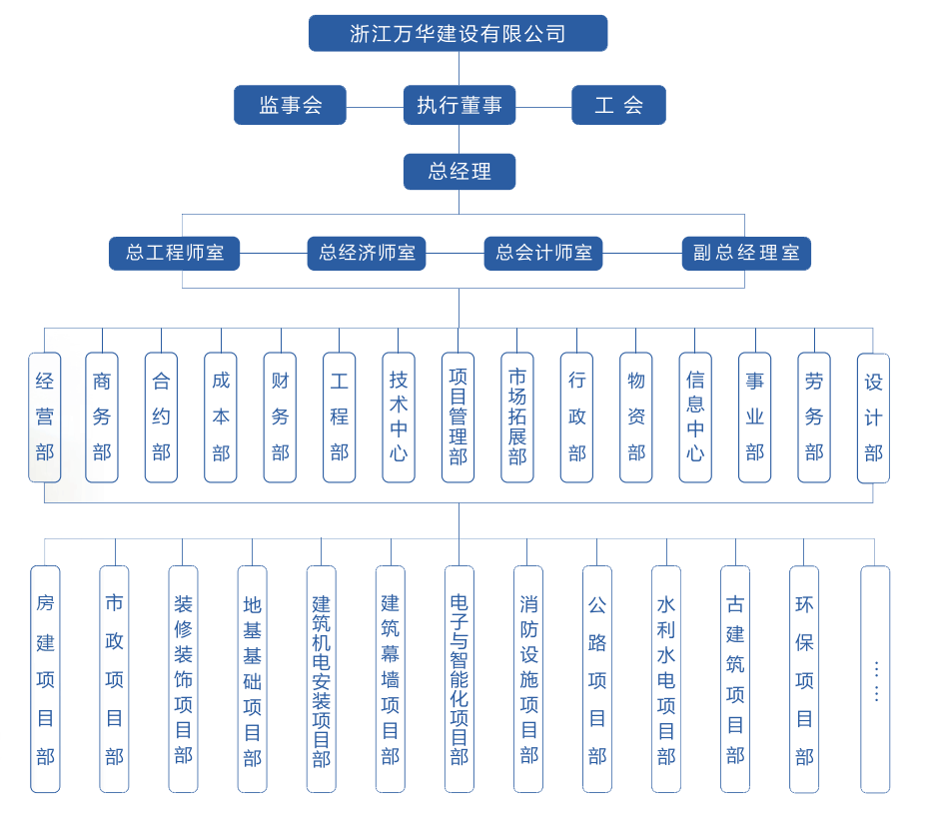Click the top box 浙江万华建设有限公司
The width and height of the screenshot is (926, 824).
point(458,33)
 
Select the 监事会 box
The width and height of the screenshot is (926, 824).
point(290,105)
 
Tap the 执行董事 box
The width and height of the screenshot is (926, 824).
point(460,105)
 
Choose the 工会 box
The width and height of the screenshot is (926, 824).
point(618,105)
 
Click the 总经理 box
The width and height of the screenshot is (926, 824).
point(460,171)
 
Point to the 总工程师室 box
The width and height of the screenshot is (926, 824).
point(174,253)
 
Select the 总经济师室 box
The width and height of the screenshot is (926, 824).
point(367,253)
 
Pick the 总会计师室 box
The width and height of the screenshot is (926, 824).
point(543,253)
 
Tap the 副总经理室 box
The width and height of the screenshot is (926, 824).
point(746,253)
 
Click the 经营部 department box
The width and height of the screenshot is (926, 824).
point(45,416)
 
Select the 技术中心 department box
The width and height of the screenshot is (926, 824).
point(399,416)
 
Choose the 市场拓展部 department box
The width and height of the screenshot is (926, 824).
point(517,416)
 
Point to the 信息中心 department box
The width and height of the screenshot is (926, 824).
point(695,416)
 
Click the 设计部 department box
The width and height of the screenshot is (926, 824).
point(873,416)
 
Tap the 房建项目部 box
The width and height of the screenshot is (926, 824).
point(45,679)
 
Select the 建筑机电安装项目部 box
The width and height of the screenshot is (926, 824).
point(321,679)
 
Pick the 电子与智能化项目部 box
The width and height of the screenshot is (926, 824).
point(460,679)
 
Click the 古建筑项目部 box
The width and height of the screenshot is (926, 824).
point(735,679)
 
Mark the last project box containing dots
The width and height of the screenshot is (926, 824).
point(875,679)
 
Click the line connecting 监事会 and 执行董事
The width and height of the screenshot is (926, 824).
point(375,106)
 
